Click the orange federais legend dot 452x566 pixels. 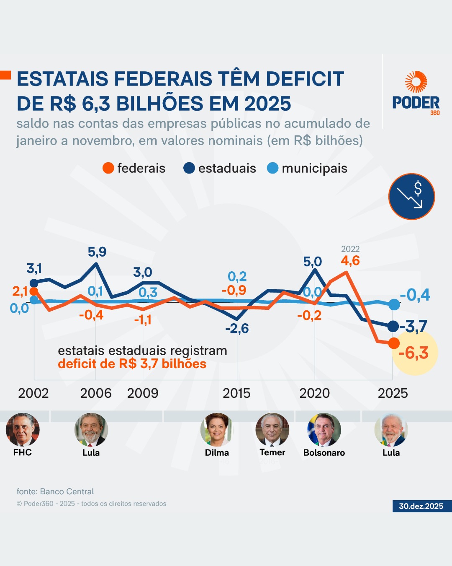coord(108,168)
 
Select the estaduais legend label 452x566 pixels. coord(227,168)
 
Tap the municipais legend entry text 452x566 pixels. coord(314,168)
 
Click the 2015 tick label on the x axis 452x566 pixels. coord(236,393)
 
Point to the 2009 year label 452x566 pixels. coord(143,393)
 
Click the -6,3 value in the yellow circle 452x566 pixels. coord(413,353)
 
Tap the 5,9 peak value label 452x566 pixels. coord(97,252)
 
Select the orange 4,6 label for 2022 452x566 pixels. coord(350,261)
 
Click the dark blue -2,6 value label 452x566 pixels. coord(237,328)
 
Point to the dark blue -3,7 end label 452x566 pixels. coord(413,326)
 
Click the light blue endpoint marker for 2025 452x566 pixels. coord(394,305)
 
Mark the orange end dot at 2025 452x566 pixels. coord(394,343)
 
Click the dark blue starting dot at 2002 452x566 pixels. coord(34,283)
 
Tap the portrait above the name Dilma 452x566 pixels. coord(217,430)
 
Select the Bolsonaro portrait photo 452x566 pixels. coord(324,430)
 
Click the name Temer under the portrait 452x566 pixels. coord(272,452)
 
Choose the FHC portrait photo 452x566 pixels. coord(23,430)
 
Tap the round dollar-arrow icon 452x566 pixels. coord(412,196)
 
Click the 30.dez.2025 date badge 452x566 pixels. coord(421,506)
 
